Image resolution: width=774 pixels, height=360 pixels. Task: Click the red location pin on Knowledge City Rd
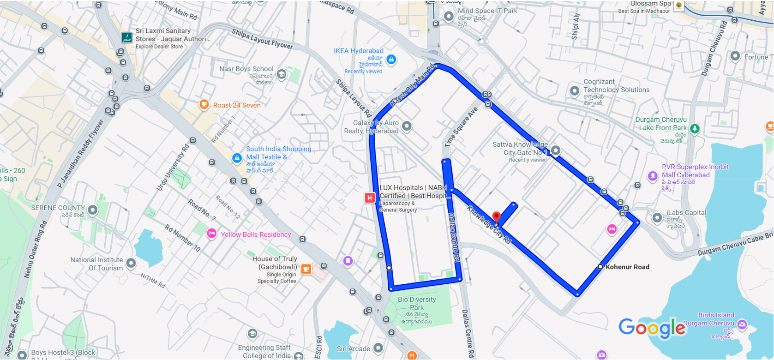pyautogui.click(x=496, y=216)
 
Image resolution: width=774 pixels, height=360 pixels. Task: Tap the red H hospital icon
pyautogui.click(x=369, y=198)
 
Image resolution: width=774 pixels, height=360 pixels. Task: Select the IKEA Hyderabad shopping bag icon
pyautogui.click(x=391, y=59)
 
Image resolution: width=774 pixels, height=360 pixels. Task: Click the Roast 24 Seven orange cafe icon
pyautogui.click(x=204, y=104)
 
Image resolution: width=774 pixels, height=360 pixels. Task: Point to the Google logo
pyautogui.click(x=652, y=328)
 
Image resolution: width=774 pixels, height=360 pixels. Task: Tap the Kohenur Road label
pyautogui.click(x=627, y=267)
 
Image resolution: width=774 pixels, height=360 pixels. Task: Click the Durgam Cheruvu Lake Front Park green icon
pyautogui.click(x=695, y=128)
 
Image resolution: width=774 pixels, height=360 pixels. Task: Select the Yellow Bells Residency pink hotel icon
pyautogui.click(x=211, y=234)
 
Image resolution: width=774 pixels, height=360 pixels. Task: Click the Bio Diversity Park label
pyautogui.click(x=417, y=303)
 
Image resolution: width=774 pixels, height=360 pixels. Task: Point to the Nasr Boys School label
pyautogui.click(x=246, y=69)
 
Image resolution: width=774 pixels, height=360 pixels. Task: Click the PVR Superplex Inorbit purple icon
pyautogui.click(x=653, y=175)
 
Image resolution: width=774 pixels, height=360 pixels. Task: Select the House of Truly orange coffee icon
pyautogui.click(x=306, y=269)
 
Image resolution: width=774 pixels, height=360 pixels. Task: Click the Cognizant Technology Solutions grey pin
pyautogui.click(x=575, y=90)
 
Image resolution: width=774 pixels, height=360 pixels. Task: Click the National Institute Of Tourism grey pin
pyautogui.click(x=131, y=263)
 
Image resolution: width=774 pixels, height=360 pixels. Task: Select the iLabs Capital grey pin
pyautogui.click(x=657, y=217)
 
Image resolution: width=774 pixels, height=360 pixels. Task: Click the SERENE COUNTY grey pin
pyautogui.click(x=93, y=210)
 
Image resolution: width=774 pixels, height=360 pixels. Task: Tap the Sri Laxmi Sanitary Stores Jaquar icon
pyautogui.click(x=126, y=37)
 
